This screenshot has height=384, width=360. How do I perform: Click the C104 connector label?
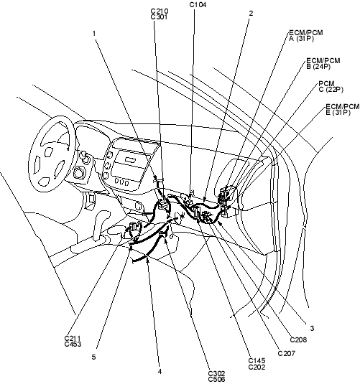pyautogui.click(x=198, y=4)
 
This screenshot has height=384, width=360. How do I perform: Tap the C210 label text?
pyautogui.click(x=160, y=11)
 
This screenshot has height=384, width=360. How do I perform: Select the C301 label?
pyautogui.click(x=159, y=17)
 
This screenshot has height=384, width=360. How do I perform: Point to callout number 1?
pyautogui.click(x=94, y=33)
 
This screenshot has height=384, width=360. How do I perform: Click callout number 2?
pyautogui.click(x=251, y=14)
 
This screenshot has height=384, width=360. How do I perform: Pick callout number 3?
pyautogui.click(x=312, y=328)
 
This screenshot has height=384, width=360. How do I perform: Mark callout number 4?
pyautogui.click(x=160, y=372)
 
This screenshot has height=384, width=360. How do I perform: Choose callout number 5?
pyautogui.click(x=93, y=357)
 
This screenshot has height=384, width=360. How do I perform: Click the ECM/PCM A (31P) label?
pyautogui.click(x=306, y=35)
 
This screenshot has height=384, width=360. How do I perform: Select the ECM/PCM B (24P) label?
pyautogui.click(x=323, y=63)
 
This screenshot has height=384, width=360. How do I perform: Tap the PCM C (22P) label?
pyautogui.click(x=331, y=86)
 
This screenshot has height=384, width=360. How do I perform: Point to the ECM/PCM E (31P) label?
pyautogui.click(x=343, y=110)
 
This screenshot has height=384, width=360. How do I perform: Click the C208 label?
pyautogui.click(x=298, y=339)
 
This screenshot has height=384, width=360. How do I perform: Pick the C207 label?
pyautogui.click(x=287, y=353)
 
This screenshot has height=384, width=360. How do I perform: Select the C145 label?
pyautogui.click(x=257, y=361)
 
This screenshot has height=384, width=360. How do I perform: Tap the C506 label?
pyautogui.click(x=216, y=380)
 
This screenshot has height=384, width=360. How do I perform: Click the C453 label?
pyautogui.click(x=73, y=344)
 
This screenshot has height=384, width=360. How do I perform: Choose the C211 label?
pyautogui.click(x=73, y=338)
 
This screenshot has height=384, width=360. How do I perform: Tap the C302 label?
pyautogui.click(x=216, y=374)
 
